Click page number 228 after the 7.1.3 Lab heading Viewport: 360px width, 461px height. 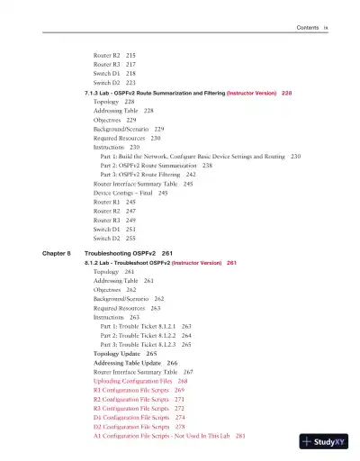tap(286, 93)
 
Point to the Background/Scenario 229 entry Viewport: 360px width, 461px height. tap(129, 129)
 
